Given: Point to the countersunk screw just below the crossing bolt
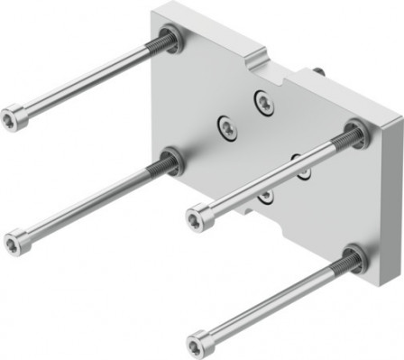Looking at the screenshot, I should [x=265, y=194].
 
